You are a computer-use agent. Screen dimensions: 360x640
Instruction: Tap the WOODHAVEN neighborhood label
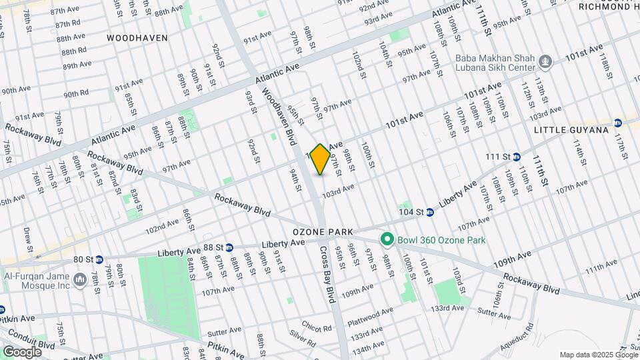(137, 38)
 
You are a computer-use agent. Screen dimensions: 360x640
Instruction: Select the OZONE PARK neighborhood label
(322, 231)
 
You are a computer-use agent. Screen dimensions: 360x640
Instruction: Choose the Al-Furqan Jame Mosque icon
(80, 277)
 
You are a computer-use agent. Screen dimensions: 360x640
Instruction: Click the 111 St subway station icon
(517, 157)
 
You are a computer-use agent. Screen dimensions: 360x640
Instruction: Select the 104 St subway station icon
(430, 212)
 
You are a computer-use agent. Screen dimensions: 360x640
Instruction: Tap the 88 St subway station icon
(229, 247)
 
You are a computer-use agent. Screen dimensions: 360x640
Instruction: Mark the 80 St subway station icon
(99, 259)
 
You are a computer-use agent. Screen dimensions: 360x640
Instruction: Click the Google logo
(22, 352)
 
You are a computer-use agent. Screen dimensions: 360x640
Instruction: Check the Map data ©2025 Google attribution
(597, 355)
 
